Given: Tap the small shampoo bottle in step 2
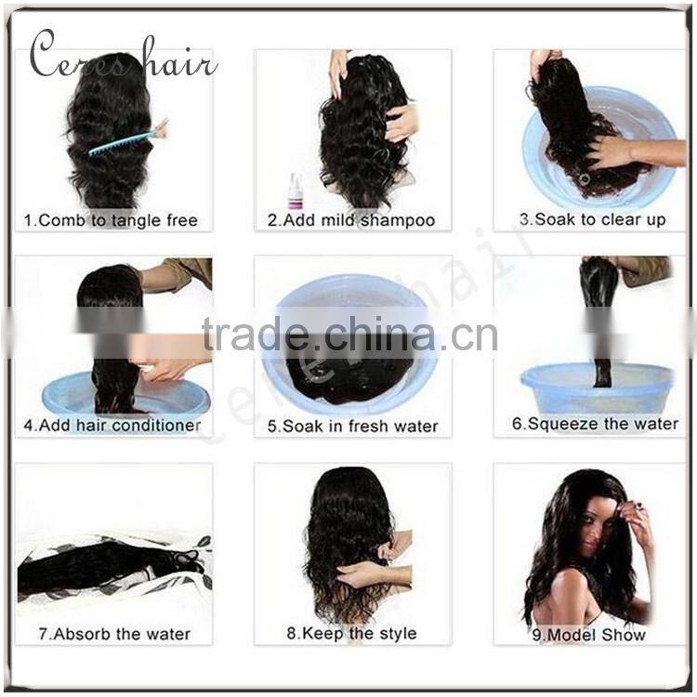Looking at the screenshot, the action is (295, 191).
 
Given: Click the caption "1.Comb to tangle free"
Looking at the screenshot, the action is (111, 220).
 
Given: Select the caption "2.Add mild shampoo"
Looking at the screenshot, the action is (351, 220).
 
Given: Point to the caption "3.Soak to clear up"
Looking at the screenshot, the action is (593, 219).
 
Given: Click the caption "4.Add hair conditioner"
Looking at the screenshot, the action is (112, 426).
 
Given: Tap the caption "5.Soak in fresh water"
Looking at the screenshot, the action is (352, 427).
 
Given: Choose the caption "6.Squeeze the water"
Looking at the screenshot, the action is (595, 424).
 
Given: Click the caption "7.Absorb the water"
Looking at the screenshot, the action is (114, 634).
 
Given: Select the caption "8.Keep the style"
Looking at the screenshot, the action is (351, 633).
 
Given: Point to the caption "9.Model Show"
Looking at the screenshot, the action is (589, 635).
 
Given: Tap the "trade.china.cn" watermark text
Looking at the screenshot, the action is (349, 335).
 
